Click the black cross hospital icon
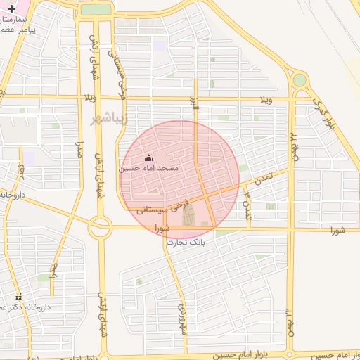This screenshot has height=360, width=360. pyautogui.click(x=11, y=8)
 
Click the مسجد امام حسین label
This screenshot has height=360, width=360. pyautogui.click(x=148, y=169)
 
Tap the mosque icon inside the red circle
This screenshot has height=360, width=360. pyautogui.click(x=148, y=158)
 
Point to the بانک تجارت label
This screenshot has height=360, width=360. pyautogui.click(x=186, y=241)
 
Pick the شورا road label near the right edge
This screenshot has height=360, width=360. pyautogui.click(x=338, y=231)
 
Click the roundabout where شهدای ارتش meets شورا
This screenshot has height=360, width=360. pyautogui.click(x=100, y=226)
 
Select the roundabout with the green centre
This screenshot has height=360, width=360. pyautogui.click(x=300, y=80)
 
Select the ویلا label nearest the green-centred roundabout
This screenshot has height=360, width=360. pyautogui.click(x=266, y=98)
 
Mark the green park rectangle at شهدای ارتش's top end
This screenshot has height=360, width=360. pyautogui.click(x=96, y=10)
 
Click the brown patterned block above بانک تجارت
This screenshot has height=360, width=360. pyautogui.click(x=188, y=217)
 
